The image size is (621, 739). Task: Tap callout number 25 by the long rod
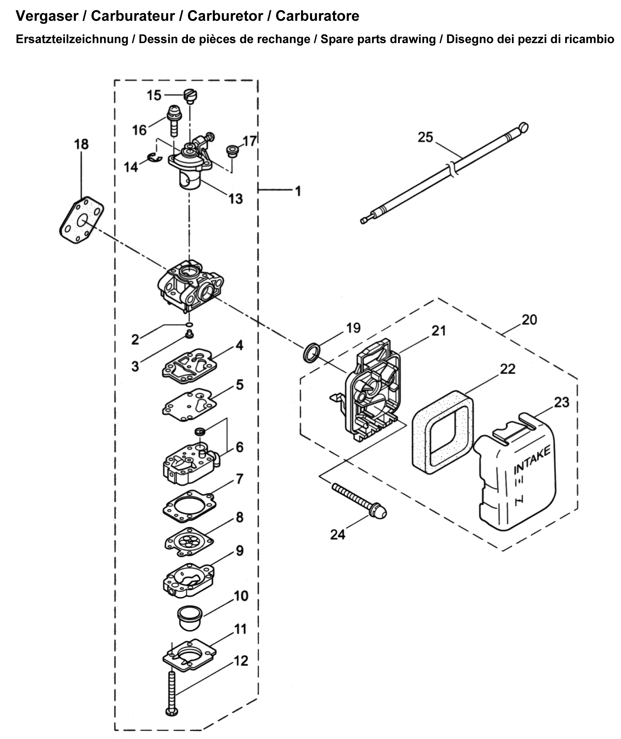click(425, 137)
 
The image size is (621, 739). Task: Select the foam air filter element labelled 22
click(443, 432)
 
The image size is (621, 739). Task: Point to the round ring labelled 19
click(312, 353)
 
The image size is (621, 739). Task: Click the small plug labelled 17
click(232, 150)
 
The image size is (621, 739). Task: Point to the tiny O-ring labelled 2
click(189, 324)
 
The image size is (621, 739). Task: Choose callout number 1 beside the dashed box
click(298, 191)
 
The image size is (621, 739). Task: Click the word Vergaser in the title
click(47, 16)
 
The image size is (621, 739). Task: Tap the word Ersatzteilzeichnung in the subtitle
click(72, 39)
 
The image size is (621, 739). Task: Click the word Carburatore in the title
click(317, 16)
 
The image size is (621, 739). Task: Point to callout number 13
click(235, 199)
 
